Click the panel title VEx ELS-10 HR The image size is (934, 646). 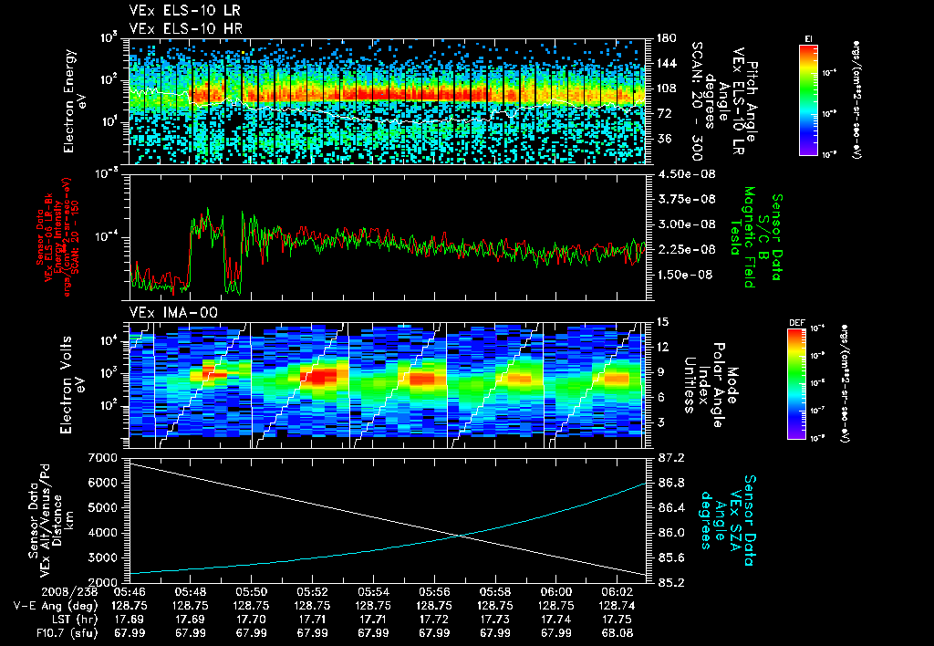(177, 28)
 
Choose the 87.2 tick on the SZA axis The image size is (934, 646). (672, 456)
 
